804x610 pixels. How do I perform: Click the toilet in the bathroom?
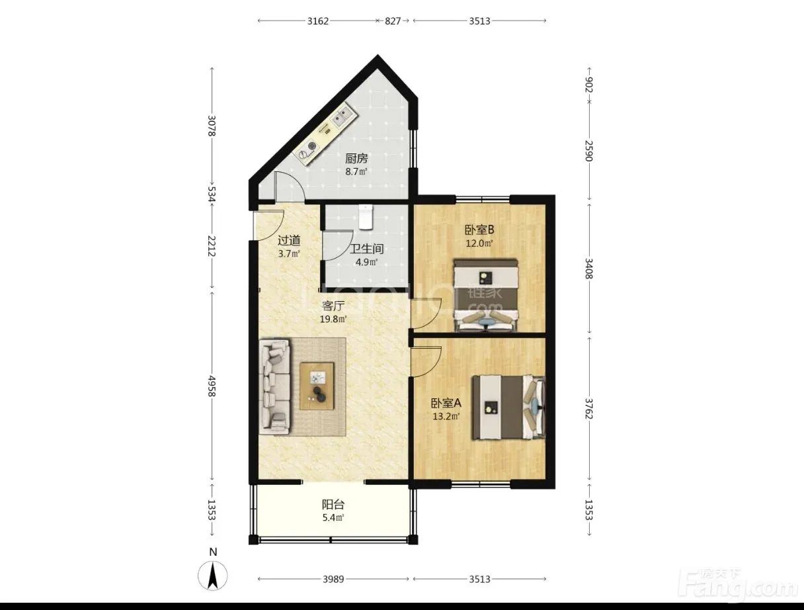click(366, 217)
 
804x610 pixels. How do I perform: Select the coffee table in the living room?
click(317, 386)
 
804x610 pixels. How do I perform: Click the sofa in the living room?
click(274, 386)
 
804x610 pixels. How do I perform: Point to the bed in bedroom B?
click(486, 295)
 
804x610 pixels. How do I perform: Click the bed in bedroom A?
click(508, 407)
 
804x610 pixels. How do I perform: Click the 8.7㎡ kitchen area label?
click(356, 171)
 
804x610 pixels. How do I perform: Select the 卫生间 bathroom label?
click(367, 249)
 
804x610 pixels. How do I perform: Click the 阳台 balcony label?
click(333, 505)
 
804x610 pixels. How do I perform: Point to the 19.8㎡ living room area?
click(333, 319)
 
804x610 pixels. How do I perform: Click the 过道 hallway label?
click(289, 240)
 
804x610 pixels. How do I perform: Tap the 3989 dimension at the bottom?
click(333, 579)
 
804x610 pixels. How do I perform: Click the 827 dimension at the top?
click(393, 21)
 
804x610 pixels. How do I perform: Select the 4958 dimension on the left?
click(212, 386)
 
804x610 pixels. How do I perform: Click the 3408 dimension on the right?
click(588, 269)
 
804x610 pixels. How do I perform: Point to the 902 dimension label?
click(588, 85)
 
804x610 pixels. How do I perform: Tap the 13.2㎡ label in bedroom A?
click(446, 416)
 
